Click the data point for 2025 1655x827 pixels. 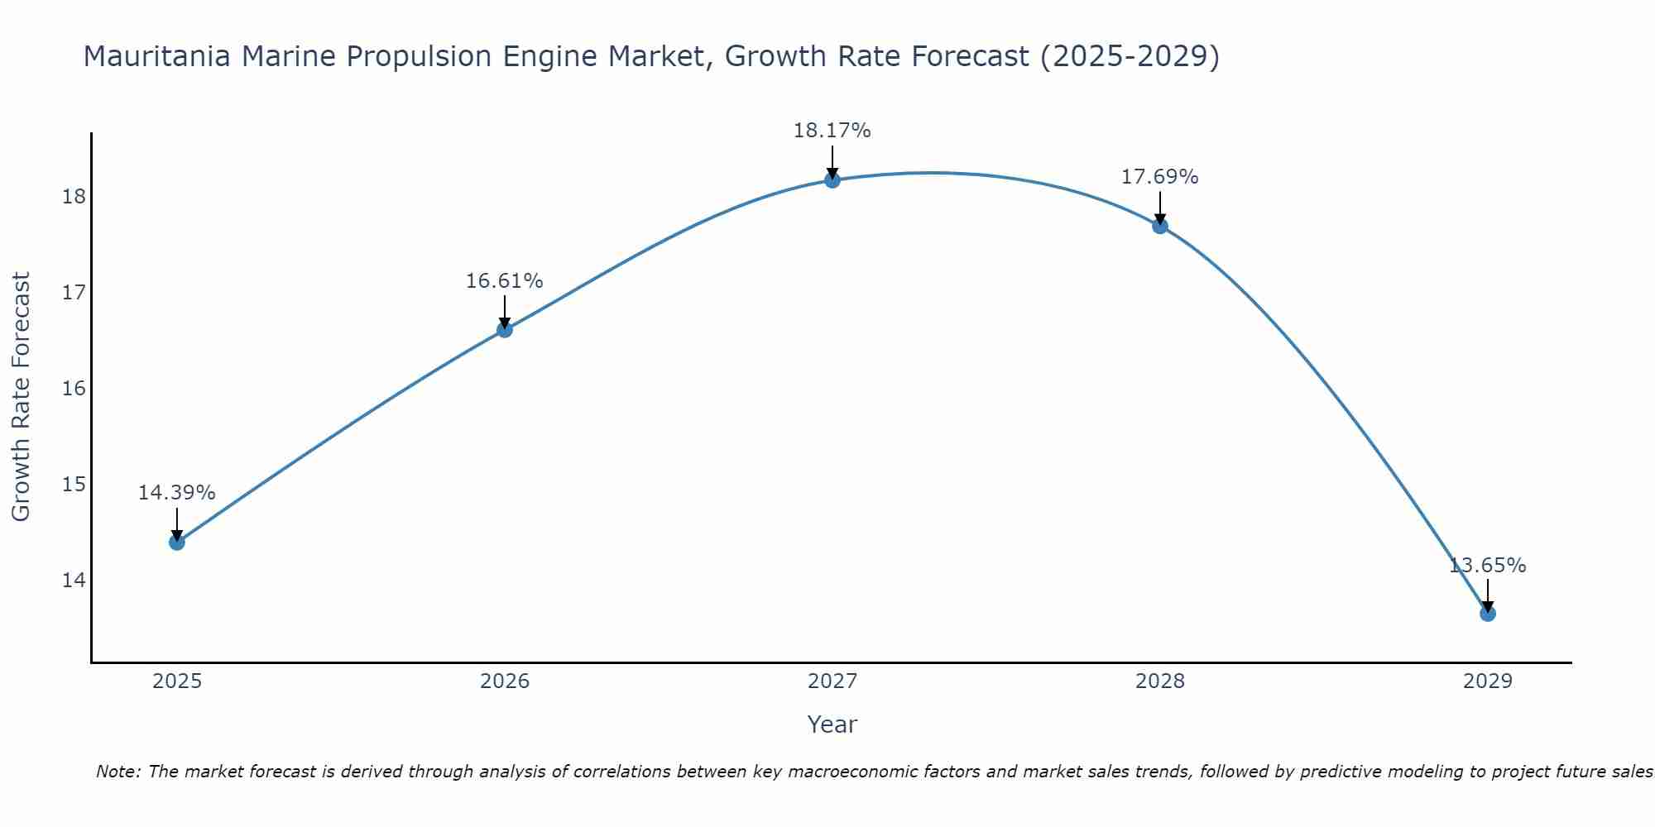point(177,543)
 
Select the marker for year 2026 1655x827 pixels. point(505,330)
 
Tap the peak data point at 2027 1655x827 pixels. point(832,180)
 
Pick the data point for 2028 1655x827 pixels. point(1160,226)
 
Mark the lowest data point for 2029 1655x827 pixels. point(1488,614)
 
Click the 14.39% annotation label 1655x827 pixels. point(177,493)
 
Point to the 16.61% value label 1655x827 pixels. point(505,281)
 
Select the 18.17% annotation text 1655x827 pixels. point(832,131)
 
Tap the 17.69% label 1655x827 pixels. point(1160,177)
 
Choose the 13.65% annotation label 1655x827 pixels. point(1488,566)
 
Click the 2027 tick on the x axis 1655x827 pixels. point(832,681)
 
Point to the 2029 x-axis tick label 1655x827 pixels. point(1488,681)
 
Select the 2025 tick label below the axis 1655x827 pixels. point(177,681)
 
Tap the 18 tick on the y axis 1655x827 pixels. point(74,197)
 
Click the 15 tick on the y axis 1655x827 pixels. point(74,484)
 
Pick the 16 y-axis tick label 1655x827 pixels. point(74,389)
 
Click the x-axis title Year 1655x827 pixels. point(832,724)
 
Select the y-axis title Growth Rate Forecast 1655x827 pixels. point(22,397)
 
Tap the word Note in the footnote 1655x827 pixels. point(118,772)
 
